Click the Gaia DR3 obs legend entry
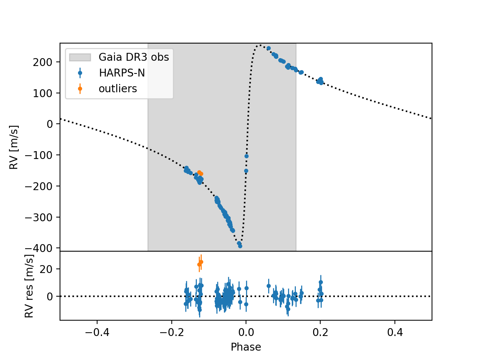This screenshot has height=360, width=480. pos(133,57)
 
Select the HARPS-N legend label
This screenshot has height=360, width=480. pos(122,73)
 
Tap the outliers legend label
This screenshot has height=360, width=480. pos(118,89)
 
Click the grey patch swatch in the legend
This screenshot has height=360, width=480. pos(80,57)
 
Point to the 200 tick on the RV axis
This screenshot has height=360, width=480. pos(43,62)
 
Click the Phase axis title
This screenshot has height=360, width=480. pos(246,347)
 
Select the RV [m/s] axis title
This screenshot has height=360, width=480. pos(14,147)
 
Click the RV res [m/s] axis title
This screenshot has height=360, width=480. pos(29,286)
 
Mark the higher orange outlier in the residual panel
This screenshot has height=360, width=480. pos(201,262)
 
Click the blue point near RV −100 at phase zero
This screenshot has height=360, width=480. pos(246,156)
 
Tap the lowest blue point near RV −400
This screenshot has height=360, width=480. pos(240,246)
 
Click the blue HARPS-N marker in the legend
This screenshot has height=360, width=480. pos(80,73)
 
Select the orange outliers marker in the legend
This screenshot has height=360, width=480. pos(80,89)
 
